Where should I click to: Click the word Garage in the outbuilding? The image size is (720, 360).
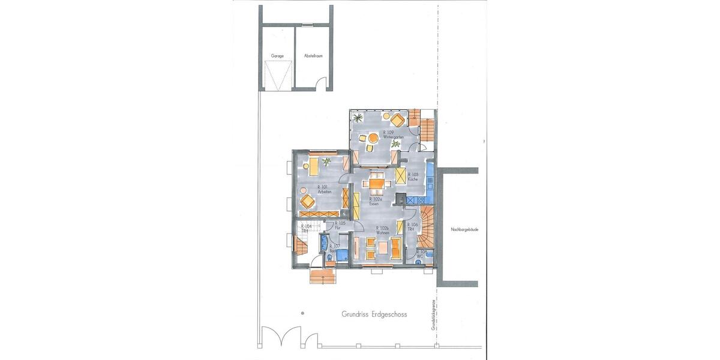tap(277, 56)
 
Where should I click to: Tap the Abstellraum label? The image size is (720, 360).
tap(313, 56)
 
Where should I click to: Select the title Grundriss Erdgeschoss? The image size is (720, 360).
tap(374, 313)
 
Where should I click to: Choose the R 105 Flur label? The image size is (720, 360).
tap(340, 226)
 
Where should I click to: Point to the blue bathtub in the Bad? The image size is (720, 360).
tap(324, 244)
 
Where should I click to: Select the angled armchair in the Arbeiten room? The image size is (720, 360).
tap(308, 200)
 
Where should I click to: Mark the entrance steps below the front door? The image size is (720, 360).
tap(322, 276)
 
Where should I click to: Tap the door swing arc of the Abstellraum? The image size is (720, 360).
tap(322, 83)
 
